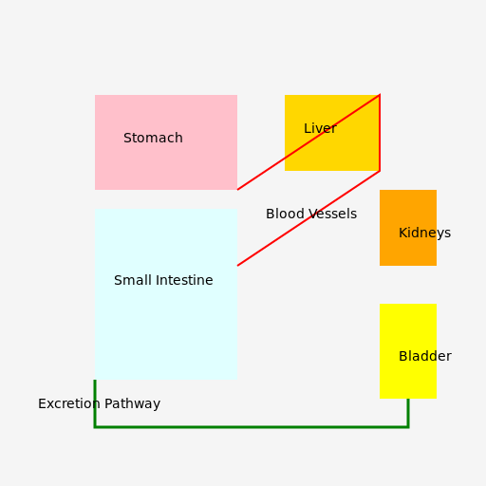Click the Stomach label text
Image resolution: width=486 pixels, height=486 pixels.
point(153,138)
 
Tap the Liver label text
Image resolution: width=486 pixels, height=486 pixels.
point(320,128)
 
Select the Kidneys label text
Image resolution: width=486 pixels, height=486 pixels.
point(424,234)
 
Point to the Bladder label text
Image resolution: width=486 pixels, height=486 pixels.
point(425,356)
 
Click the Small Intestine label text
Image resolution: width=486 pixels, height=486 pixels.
point(163,280)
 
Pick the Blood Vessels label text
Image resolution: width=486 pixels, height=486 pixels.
point(311,214)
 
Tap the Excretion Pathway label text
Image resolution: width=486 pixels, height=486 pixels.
point(99,404)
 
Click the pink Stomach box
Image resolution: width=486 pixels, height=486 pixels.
point(166,142)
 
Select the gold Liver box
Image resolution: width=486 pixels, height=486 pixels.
point(332,133)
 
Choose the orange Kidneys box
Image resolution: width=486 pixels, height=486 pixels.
point(408,228)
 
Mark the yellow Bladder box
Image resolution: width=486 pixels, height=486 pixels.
point(408,351)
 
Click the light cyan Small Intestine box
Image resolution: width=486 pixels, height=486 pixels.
point(166,294)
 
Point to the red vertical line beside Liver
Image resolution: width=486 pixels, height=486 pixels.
point(380,133)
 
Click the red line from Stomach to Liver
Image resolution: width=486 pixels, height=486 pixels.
point(308,142)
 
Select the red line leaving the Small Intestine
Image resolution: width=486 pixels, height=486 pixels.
point(308,218)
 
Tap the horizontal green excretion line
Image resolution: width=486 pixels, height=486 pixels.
point(252,427)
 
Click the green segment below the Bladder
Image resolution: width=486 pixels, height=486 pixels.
point(408,413)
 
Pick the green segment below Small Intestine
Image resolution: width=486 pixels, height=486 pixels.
point(95,403)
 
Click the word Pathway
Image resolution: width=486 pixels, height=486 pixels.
point(132,404)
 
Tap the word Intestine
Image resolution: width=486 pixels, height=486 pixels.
point(184,280)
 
